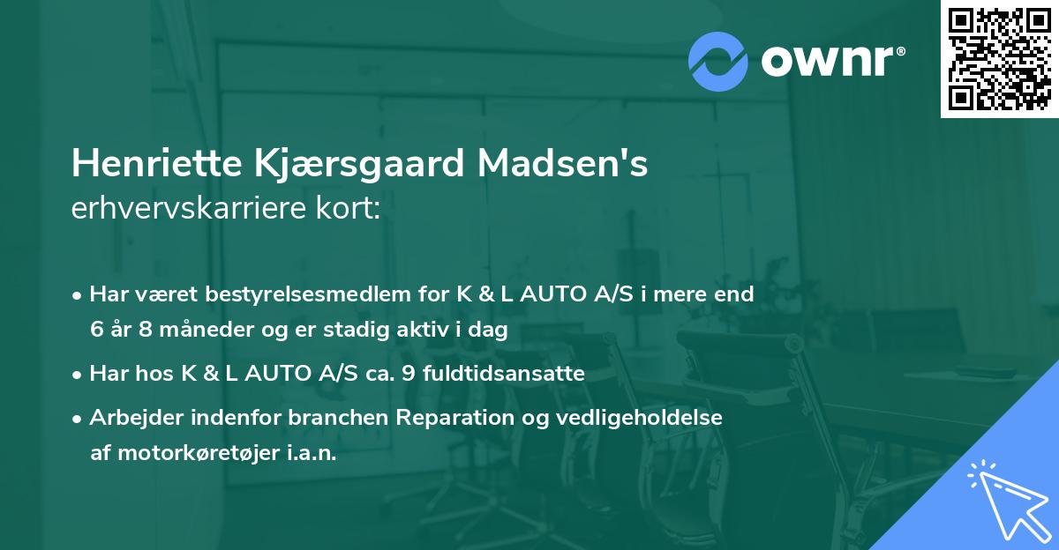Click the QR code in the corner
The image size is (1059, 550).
999,59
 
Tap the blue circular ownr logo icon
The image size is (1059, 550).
718,61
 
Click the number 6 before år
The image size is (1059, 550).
96,330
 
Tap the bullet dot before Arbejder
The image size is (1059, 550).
79,419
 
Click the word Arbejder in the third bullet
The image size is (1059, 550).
132,418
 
